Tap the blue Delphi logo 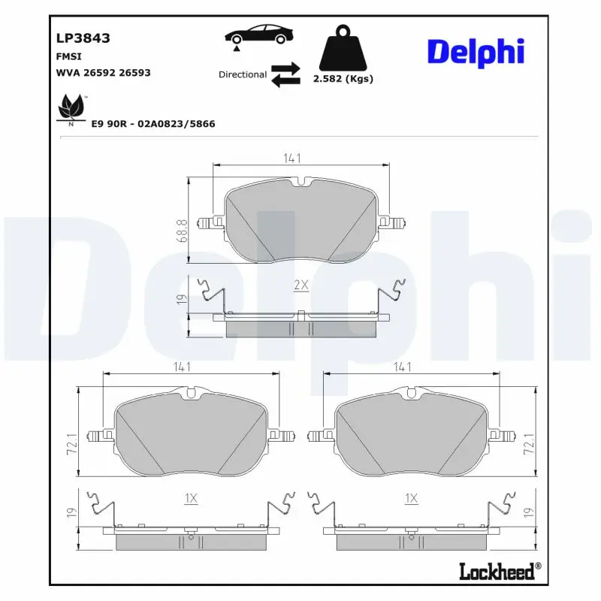(x=475, y=52)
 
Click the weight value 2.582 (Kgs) (x=343, y=78)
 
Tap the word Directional (x=242, y=74)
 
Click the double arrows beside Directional (x=285, y=75)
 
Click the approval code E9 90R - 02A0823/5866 (x=153, y=123)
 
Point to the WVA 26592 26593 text (x=103, y=73)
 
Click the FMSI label (x=69, y=56)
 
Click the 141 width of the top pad (x=292, y=159)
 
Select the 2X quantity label (x=300, y=285)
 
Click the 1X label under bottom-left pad (x=190, y=498)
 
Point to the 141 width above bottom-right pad (x=403, y=367)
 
